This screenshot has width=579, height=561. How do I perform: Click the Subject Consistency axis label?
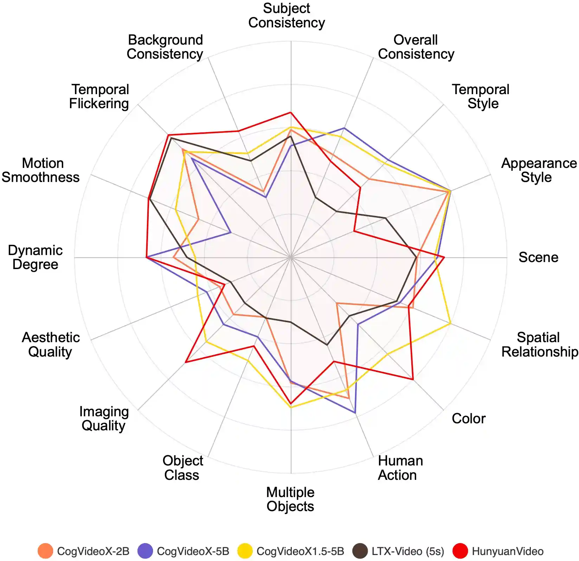coord(287,15)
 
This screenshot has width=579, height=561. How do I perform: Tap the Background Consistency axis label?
coord(165,47)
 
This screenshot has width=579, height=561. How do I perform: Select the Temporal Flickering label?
coord(99,97)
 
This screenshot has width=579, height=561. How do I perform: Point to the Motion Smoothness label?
coord(41,170)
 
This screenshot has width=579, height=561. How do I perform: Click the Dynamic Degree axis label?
coord(35,257)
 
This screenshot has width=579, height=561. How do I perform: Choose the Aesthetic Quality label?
coord(51,344)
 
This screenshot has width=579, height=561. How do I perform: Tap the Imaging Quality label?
coord(104,418)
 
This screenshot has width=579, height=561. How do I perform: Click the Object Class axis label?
coord(182,468)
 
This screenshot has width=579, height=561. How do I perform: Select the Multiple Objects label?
coord(290,499)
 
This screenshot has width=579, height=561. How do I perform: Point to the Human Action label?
coord(400,468)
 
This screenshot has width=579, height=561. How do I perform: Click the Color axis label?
coord(468,418)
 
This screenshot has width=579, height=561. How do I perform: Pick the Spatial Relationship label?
coord(539,344)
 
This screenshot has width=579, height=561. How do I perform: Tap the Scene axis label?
coord(538,257)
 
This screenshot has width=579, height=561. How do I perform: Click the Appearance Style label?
coord(539,170)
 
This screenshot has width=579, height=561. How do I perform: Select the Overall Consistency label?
coord(416,47)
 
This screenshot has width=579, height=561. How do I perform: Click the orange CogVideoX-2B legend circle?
coord(45,551)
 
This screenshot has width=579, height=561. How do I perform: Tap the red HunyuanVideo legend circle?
coord(460,551)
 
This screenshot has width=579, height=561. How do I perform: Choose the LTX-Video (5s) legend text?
coord(408,551)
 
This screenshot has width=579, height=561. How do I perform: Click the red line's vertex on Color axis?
coord(413,379)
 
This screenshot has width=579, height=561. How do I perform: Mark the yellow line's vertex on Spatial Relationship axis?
coord(450,324)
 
